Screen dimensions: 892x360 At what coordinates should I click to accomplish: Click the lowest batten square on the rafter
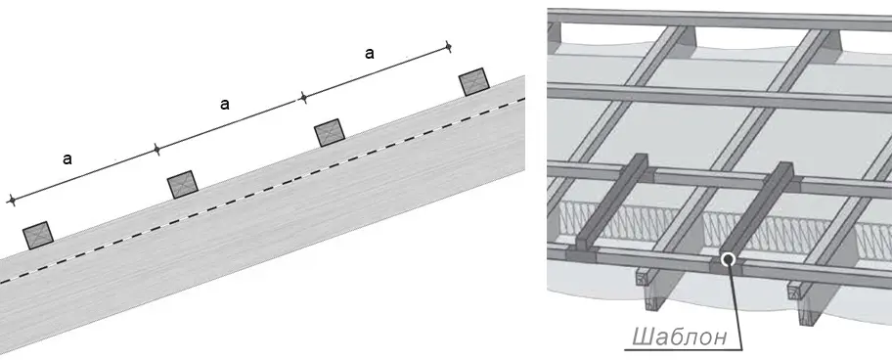pos(38,236)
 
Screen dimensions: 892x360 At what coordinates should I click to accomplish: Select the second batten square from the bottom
pos(183,185)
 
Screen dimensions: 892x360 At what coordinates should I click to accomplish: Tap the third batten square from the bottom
pos(330,133)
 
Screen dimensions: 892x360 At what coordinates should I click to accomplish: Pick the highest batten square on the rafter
pos(473,82)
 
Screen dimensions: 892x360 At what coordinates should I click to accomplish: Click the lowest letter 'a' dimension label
pos(67,159)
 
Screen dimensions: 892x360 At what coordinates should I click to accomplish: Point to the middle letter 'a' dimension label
pos(225,104)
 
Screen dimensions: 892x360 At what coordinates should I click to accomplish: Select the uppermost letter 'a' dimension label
pos(369,54)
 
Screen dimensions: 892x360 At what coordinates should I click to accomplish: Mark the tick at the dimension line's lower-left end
pos(11,201)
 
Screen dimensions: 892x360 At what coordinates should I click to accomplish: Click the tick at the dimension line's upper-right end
pos(448,46)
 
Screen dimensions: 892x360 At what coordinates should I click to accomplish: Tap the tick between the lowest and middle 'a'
pos(157,150)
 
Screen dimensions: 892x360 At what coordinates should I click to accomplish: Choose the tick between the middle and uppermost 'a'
pos(303,98)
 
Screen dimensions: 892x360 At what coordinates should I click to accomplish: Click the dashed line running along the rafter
pos(262,191)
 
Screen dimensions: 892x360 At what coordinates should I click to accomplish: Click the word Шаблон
pos(679,337)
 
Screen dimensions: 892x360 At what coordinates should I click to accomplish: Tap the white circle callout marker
pos(728,260)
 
